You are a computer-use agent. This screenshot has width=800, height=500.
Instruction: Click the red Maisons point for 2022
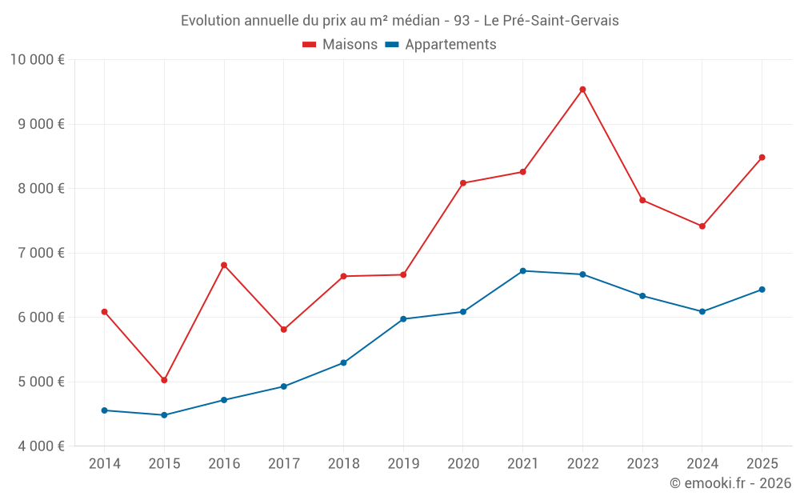[x=582, y=90]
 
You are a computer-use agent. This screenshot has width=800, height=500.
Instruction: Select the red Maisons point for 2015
[x=164, y=380]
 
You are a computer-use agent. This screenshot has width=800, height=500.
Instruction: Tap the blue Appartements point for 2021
[x=523, y=271]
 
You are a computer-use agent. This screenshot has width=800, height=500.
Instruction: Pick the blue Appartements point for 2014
[x=104, y=410]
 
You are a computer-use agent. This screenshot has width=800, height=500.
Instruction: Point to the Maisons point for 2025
[x=762, y=158]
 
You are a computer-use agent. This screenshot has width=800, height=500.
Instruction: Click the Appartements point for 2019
[x=403, y=319]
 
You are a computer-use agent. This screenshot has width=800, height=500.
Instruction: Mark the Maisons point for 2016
[x=224, y=265]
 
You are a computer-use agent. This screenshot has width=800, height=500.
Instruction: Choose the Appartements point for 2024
[x=702, y=311]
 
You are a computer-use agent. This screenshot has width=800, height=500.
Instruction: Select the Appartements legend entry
[x=441, y=45]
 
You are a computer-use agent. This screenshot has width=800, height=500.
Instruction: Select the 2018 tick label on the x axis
[x=343, y=464]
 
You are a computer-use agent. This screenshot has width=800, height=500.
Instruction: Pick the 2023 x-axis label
[x=642, y=464]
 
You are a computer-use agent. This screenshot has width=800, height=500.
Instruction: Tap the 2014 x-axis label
[x=104, y=464]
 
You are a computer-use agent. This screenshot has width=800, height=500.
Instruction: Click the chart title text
[x=399, y=20]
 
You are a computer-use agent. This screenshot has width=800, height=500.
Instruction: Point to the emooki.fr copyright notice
[x=730, y=483]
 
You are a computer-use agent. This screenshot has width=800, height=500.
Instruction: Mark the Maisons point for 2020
[x=463, y=183]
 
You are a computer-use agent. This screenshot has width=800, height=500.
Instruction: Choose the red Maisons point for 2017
[x=283, y=330]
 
